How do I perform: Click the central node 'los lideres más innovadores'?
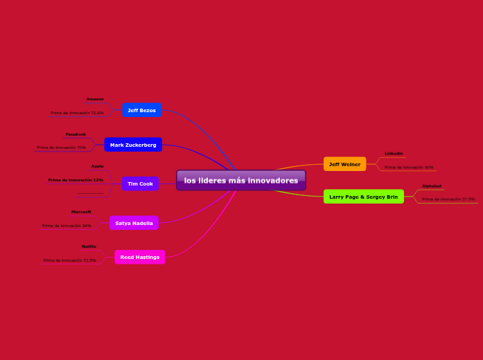241,180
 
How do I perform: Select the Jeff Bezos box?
142,110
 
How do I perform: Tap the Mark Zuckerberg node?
133,145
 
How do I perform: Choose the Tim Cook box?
140,183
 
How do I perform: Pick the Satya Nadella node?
134,223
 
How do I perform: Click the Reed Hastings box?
140,257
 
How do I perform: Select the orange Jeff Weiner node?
344,164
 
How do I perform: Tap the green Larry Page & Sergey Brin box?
363,197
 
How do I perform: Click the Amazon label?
95,99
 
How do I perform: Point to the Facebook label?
76,134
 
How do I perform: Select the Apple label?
97,166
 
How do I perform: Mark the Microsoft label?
81,211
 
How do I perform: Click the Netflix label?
89,246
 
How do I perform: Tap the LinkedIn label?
394,153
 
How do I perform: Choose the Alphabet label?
431,186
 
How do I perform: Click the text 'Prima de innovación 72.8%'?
77,113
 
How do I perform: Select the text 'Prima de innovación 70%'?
62,147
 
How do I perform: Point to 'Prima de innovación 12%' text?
76,180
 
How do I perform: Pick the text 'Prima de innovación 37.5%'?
448,199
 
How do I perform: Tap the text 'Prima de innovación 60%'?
409,168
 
